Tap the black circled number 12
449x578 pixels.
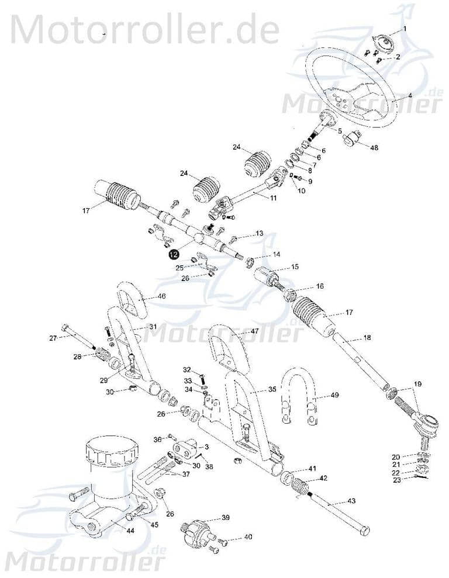coord(172,254)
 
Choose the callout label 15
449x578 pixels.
coord(295,266)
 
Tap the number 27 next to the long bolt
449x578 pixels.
coord(53,338)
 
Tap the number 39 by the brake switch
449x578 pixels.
coord(226,518)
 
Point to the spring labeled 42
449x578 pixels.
coord(300,484)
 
